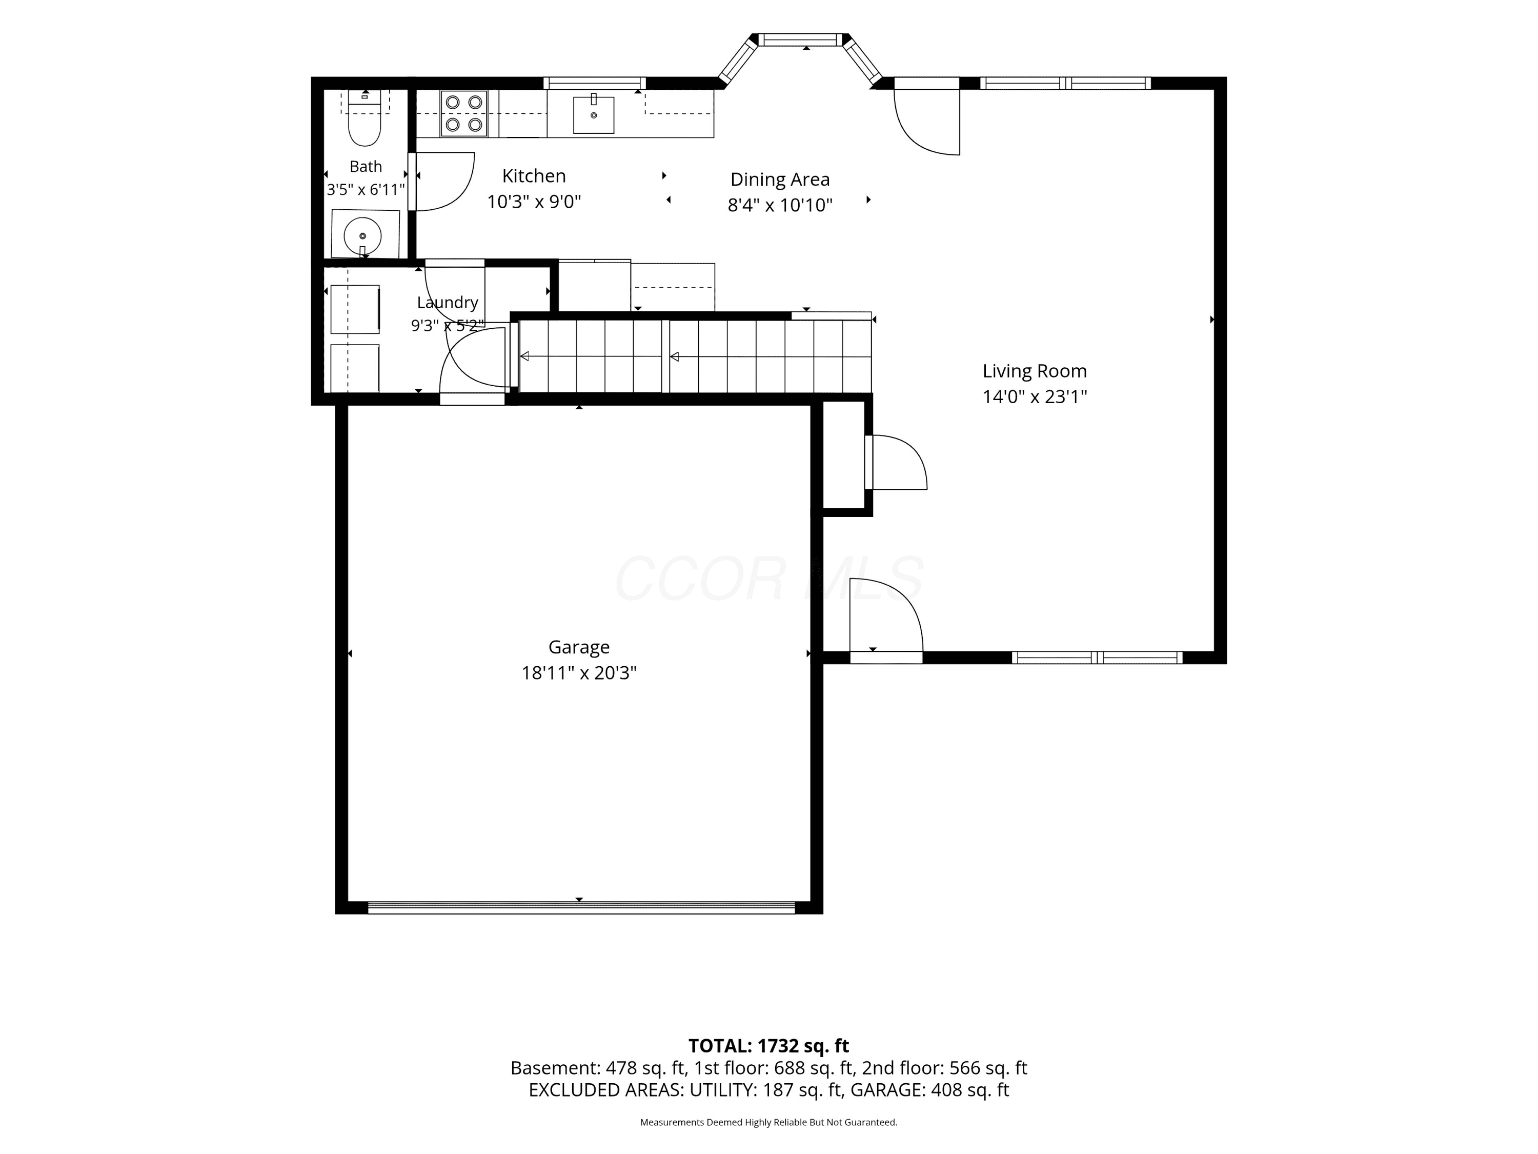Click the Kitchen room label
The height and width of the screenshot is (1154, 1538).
[534, 176]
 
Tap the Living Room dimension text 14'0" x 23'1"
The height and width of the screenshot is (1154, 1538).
[1035, 396]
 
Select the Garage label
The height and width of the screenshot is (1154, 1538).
[579, 648]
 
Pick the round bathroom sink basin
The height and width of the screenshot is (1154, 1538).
[362, 236]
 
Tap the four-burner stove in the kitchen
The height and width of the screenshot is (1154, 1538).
[464, 113]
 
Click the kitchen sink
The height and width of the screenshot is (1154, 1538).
[594, 114]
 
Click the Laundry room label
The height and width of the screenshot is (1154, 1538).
[447, 303]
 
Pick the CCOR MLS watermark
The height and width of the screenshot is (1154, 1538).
[769, 578]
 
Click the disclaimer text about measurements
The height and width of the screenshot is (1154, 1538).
[768, 1122]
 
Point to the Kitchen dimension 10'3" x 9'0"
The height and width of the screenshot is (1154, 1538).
[534, 202]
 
